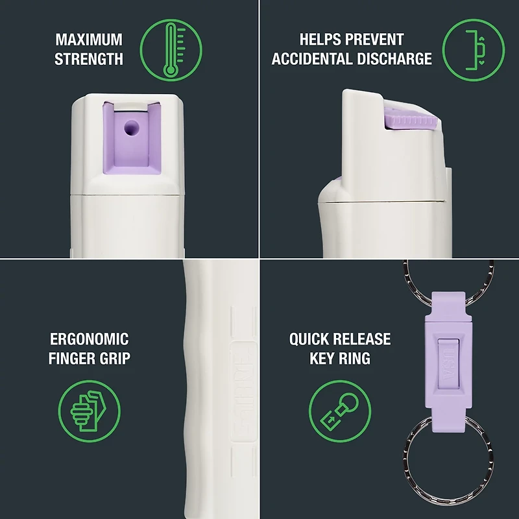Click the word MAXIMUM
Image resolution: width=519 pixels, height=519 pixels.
(x=89, y=40)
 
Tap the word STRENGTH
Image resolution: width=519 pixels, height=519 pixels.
(x=89, y=59)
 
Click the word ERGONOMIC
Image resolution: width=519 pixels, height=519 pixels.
(x=89, y=339)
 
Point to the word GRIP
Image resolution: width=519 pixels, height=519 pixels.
(x=114, y=358)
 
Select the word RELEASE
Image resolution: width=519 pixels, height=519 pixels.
(x=364, y=339)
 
